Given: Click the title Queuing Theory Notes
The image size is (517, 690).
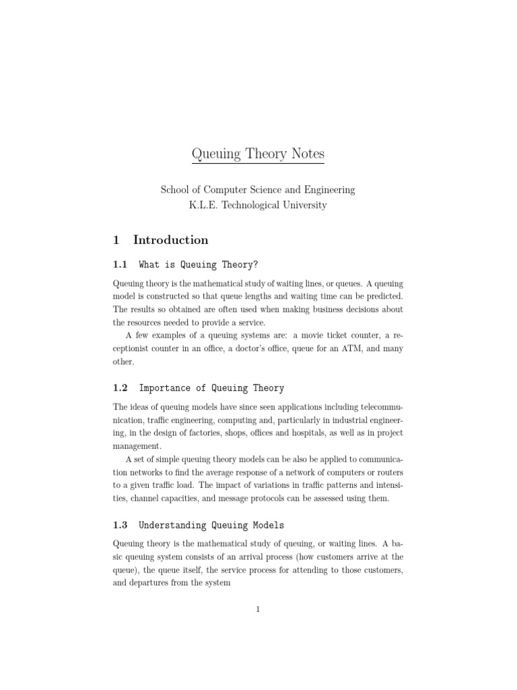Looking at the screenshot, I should coord(258,154).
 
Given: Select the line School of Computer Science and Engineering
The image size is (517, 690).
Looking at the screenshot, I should coord(258,190).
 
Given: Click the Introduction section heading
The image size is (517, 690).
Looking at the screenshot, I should coord(171,240).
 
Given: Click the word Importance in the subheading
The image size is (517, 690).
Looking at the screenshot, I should coord(164,388).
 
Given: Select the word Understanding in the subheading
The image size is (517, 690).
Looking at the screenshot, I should coord(169,525).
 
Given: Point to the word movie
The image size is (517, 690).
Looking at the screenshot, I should coord(310,335).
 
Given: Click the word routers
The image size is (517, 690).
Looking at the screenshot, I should coord(386,472).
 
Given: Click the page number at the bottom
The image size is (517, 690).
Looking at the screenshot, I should coord(258,610).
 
